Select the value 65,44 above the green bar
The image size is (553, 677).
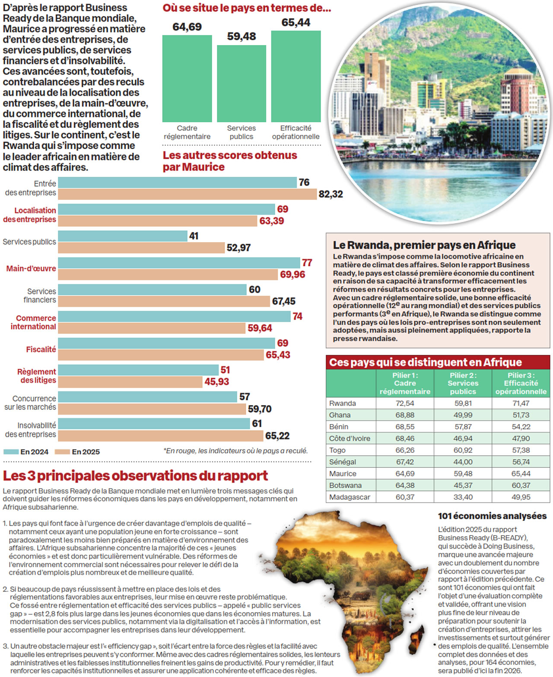[x=296, y=22]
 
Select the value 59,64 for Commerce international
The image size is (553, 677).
[x=260, y=328]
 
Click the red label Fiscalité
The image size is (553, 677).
[x=41, y=349]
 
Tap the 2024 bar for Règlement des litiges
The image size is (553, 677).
[x=138, y=370]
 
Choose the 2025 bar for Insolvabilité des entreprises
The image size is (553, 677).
[x=160, y=435]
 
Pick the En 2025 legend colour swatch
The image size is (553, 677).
[x=63, y=452]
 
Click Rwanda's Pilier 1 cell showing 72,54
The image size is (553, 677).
[x=405, y=403]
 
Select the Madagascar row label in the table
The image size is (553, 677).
[x=350, y=497]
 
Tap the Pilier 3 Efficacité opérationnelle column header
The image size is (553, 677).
[x=521, y=383]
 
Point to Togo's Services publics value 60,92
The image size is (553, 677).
[x=463, y=450]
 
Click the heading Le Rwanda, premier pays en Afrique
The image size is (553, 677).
[x=424, y=245]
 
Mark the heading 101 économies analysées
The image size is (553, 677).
[x=492, y=516]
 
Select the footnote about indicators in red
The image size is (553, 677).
[x=235, y=451]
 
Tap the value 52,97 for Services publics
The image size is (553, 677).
[x=238, y=248]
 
